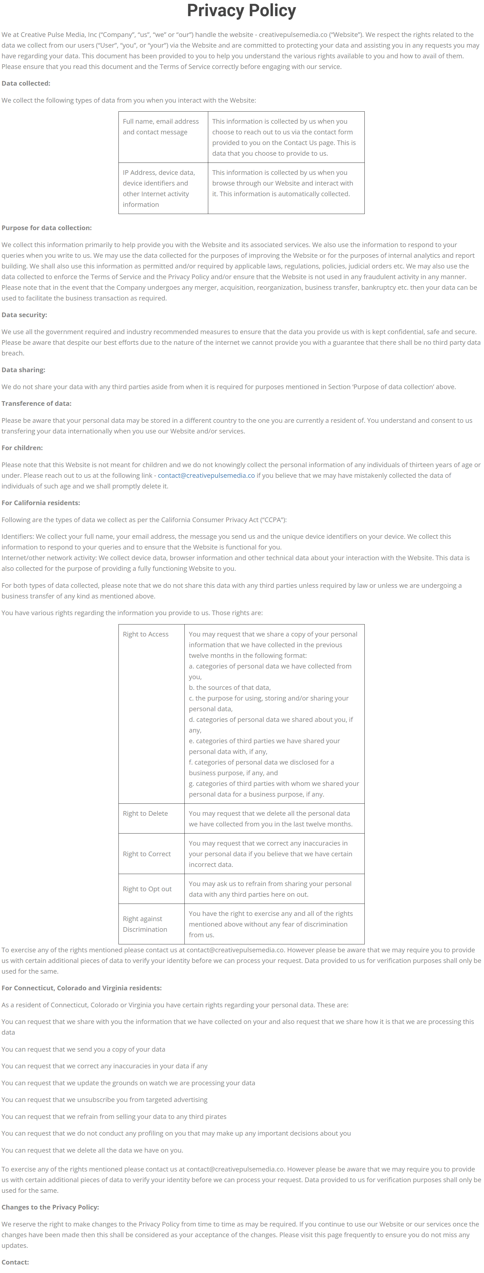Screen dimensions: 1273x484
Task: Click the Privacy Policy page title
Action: pos(242,10)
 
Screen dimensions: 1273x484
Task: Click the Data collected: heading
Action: pos(26,83)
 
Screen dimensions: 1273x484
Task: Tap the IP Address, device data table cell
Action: pos(159,188)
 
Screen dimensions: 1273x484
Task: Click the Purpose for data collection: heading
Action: pos(47,228)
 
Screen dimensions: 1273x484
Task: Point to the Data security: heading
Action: pos(24,315)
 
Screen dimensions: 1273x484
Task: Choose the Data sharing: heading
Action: pos(23,370)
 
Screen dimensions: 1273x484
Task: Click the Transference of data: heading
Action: pos(37,403)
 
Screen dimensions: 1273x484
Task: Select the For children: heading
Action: pos(22,448)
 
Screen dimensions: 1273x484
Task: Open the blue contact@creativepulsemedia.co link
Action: pos(206,475)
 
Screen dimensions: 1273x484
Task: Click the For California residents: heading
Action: pos(40,503)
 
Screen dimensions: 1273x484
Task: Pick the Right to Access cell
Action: pos(146,634)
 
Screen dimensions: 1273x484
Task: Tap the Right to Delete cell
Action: pos(145,814)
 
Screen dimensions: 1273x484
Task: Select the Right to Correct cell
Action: pos(147,854)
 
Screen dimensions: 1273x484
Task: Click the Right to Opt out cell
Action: pos(147,889)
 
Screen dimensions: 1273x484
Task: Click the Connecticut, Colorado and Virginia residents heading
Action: pos(82,988)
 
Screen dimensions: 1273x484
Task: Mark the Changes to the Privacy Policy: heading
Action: pos(50,1207)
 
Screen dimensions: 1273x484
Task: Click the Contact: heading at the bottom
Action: pos(15,1262)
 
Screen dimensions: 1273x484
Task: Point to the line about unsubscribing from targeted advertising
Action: pos(104,1100)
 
